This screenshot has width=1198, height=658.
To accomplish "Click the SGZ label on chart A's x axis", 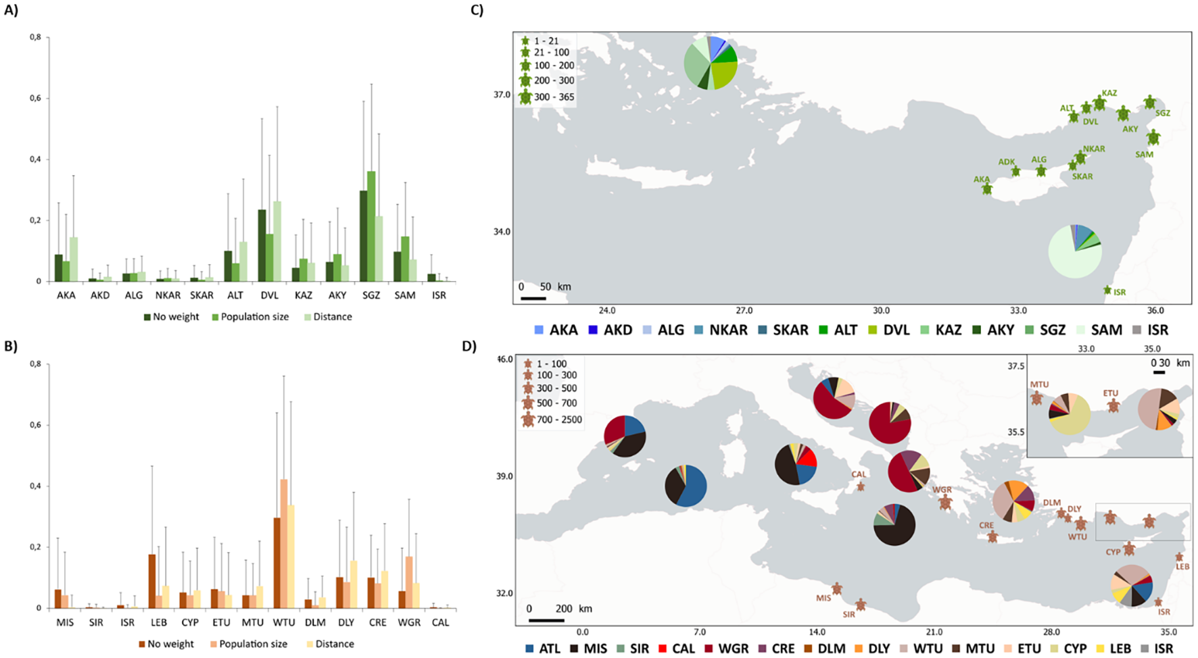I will pos(370,295).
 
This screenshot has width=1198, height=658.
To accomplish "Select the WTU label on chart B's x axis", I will pos(283,622).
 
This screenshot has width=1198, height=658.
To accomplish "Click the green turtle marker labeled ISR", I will pos(1107,290).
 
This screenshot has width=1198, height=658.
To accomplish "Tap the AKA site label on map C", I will pos(981,180).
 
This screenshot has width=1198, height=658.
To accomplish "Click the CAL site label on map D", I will pos(859,474).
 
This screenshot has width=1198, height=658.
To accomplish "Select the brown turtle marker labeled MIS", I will pos(837,589).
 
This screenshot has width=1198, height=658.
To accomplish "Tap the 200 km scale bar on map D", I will pos(546,619).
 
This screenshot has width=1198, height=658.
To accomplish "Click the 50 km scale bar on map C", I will pos(533,297).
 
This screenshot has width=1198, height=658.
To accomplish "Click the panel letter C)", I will pos(477,10).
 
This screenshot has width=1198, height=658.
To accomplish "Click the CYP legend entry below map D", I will pos(1075,649).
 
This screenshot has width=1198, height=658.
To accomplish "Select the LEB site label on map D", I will pos(1182,567).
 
